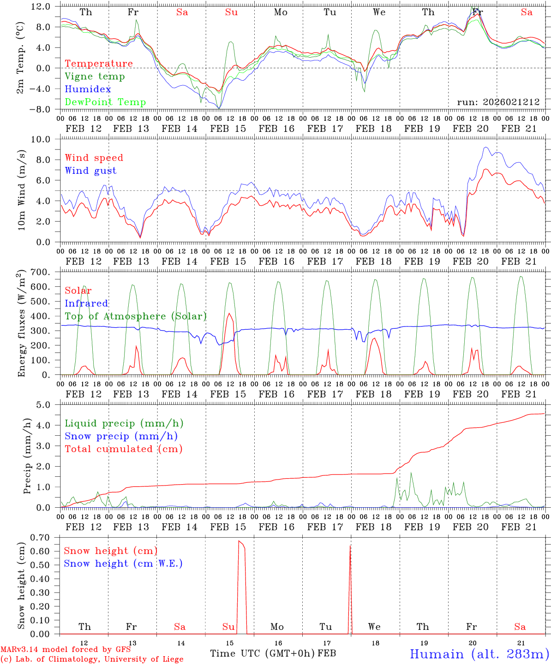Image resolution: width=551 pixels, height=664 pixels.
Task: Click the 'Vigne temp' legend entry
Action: tap(95, 77)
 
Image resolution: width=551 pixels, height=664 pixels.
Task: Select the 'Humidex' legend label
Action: tap(88, 89)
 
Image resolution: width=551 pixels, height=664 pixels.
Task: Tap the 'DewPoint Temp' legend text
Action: tap(105, 102)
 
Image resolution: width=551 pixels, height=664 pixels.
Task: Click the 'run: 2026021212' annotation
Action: tap(498, 102)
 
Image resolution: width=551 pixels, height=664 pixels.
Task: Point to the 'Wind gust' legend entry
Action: tap(90, 171)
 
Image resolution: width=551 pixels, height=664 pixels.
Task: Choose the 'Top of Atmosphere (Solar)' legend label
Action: tap(136, 316)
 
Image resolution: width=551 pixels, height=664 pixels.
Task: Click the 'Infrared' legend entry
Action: tap(86, 303)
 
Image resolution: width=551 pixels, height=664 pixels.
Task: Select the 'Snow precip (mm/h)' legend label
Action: tap(121, 436)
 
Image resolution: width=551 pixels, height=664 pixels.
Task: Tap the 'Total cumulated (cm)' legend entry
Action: tap(124, 449)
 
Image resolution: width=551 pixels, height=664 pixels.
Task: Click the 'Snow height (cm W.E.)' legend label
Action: tap(123, 563)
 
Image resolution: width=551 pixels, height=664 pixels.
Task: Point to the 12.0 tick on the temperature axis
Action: tap(47, 6)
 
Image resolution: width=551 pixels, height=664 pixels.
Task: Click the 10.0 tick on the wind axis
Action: tap(47, 139)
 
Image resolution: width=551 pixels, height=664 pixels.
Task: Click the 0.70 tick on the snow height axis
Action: tap(47, 538)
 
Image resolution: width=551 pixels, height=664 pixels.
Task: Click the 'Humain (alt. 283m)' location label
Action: tap(479, 654)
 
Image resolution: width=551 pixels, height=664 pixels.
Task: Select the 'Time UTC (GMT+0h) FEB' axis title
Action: tap(273, 653)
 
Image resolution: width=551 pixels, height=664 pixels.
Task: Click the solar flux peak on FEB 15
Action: tap(229, 314)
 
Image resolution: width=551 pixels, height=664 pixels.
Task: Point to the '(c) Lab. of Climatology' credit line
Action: tap(92, 659)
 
